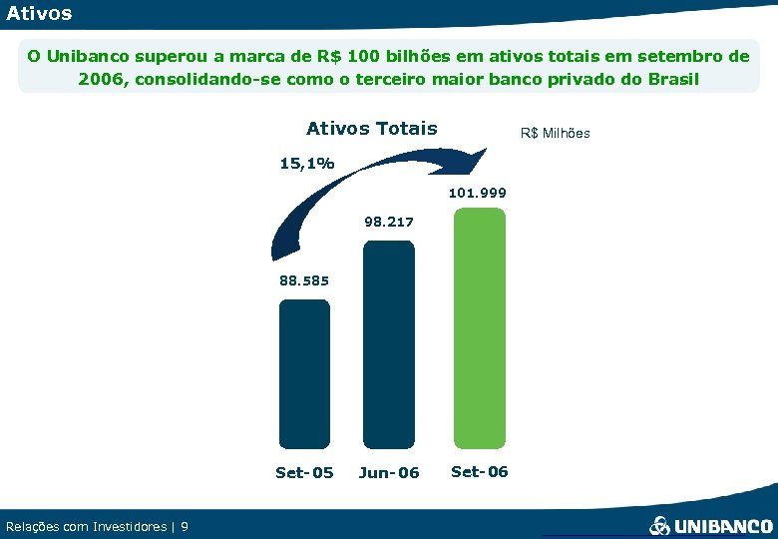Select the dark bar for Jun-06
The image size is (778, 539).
point(388,343)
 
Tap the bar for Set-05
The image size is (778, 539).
point(304,373)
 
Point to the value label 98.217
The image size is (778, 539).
point(389,222)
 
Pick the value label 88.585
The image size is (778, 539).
point(304,280)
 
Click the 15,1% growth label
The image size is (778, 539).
point(307,163)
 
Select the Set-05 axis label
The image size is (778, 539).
point(304,472)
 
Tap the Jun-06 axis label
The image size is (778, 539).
point(389,472)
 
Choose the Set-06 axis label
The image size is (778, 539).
point(479,471)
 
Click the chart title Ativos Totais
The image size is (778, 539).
point(371,128)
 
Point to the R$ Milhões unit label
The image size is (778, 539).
point(556,133)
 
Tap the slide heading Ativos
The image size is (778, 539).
point(39,14)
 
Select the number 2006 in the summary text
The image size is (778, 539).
point(100,79)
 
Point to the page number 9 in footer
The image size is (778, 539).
point(185,526)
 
